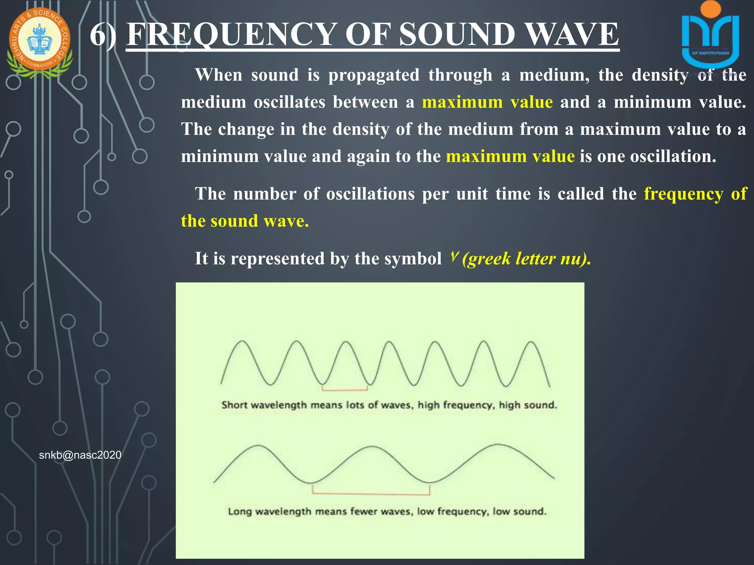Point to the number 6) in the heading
(103, 35)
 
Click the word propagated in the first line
(374, 75)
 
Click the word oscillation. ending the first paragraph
(673, 157)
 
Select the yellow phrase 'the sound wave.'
(245, 221)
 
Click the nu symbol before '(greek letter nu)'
(454, 256)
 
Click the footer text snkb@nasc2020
(80, 455)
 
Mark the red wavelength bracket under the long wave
(371, 493)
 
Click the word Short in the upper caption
(234, 405)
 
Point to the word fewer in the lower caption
(363, 512)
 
